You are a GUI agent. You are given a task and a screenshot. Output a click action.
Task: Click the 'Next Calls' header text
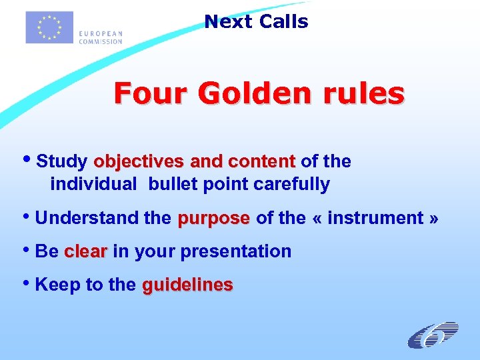click(x=256, y=21)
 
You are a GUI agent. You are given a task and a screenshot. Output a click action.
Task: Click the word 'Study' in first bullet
click(x=62, y=162)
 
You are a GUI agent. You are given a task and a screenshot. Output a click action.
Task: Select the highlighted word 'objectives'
click(x=139, y=162)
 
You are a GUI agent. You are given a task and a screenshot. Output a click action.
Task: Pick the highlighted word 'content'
click(x=261, y=162)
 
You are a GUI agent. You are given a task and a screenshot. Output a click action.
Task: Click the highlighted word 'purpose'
click(x=213, y=218)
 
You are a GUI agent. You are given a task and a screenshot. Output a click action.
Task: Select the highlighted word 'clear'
click(x=85, y=251)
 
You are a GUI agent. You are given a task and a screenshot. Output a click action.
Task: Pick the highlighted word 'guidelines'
click(x=187, y=285)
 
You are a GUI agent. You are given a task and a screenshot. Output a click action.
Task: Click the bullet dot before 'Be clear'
click(x=28, y=250)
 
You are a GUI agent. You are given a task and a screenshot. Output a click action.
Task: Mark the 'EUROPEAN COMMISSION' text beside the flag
click(x=100, y=37)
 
